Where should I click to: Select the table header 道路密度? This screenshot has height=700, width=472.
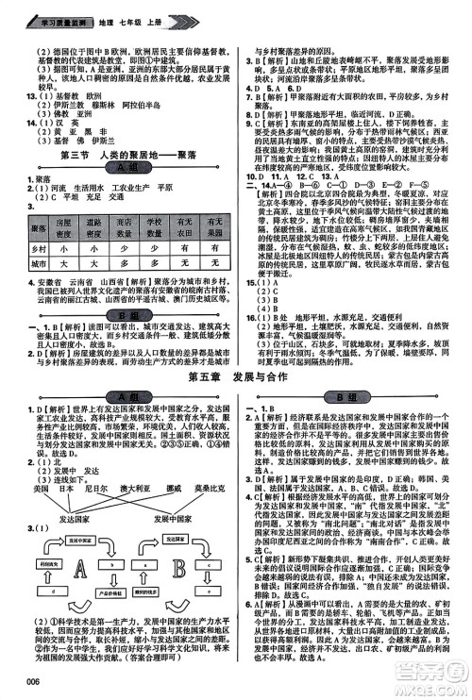tap(92, 225)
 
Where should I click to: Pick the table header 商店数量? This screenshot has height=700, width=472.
tap(124, 225)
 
